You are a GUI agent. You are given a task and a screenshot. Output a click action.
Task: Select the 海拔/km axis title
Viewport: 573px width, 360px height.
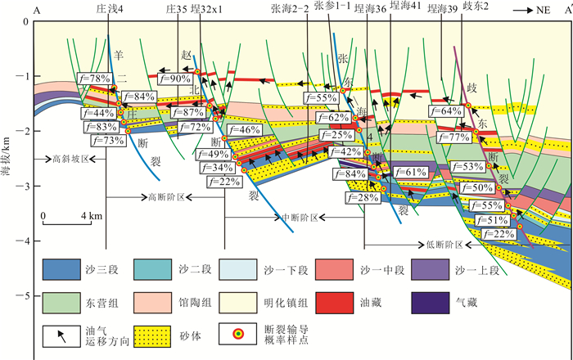(x=10, y=160)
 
